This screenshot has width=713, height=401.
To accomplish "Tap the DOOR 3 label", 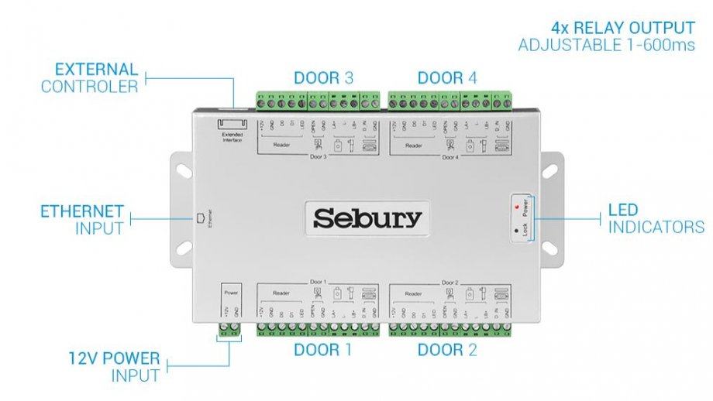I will coord(324,77).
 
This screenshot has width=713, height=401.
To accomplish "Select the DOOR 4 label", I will coord(448,77).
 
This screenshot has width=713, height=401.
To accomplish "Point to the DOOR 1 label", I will coord(323,350).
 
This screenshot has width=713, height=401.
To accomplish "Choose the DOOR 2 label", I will coord(447,350).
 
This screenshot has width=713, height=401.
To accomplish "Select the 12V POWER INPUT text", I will coord(113,367).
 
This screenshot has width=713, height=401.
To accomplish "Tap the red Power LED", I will coord(515,208).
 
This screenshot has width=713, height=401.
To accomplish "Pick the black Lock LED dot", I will coord(515,230).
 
